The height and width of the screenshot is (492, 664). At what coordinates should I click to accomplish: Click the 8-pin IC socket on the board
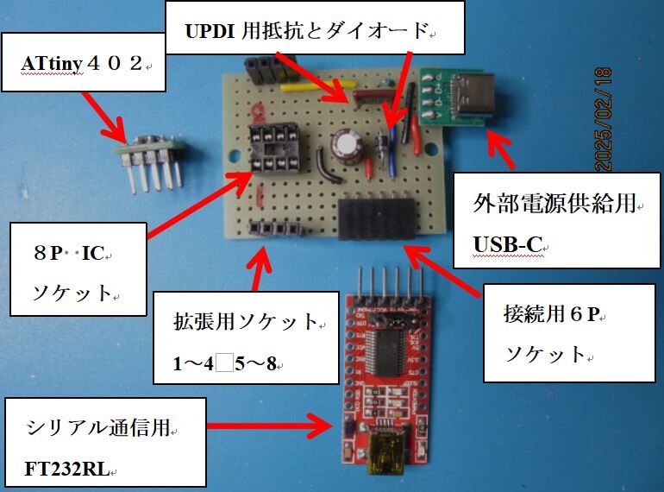coord(268,148)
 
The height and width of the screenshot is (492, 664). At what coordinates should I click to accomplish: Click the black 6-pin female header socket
coord(377,218)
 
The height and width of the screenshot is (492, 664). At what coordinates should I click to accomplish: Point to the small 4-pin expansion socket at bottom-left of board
coord(277,229)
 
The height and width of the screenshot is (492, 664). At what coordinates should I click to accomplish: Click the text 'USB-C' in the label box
coord(508,245)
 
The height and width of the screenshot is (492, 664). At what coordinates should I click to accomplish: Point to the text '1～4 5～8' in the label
coord(224,363)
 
